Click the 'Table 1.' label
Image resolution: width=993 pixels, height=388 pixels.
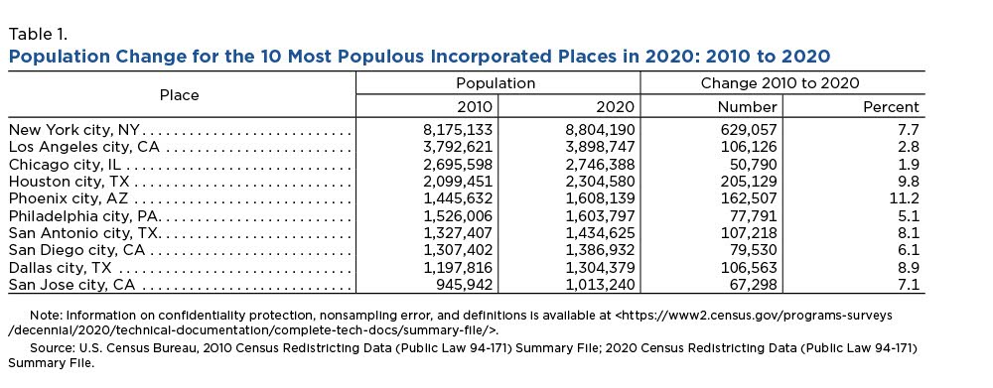38,34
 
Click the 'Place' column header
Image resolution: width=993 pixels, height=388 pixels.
179,95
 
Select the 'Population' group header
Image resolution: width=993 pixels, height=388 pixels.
496,83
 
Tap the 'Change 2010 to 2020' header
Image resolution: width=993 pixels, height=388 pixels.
780,83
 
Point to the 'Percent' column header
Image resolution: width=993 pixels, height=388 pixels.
891,107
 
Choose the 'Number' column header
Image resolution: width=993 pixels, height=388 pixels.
747,107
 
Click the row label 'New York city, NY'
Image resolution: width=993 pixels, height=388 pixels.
74,131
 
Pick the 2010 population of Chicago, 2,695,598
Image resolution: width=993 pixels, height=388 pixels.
458,165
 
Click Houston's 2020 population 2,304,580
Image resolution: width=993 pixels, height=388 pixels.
600,183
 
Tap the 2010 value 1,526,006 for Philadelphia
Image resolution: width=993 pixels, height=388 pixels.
458,217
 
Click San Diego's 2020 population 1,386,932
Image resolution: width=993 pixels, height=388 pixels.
601,251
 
